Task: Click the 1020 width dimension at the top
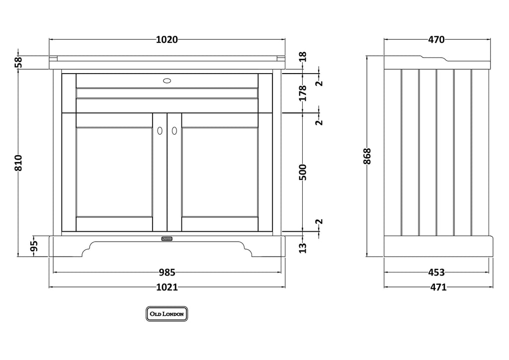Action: point(167,40)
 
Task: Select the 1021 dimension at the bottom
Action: point(167,287)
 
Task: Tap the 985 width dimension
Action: point(167,272)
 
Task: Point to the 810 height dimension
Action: point(18,163)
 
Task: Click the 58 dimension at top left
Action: point(18,62)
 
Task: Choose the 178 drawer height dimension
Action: point(303,93)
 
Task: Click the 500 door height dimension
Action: point(303,173)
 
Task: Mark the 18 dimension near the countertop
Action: point(303,57)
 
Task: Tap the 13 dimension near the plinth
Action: point(303,248)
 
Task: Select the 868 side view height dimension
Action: point(367,156)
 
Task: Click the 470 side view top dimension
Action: point(436,40)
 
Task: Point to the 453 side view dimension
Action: point(436,272)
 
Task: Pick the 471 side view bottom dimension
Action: point(438,287)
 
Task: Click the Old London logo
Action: point(167,314)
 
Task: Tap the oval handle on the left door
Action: point(160,130)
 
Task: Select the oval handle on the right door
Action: point(174,130)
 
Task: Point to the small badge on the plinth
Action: point(167,239)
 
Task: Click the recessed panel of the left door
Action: point(114,172)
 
